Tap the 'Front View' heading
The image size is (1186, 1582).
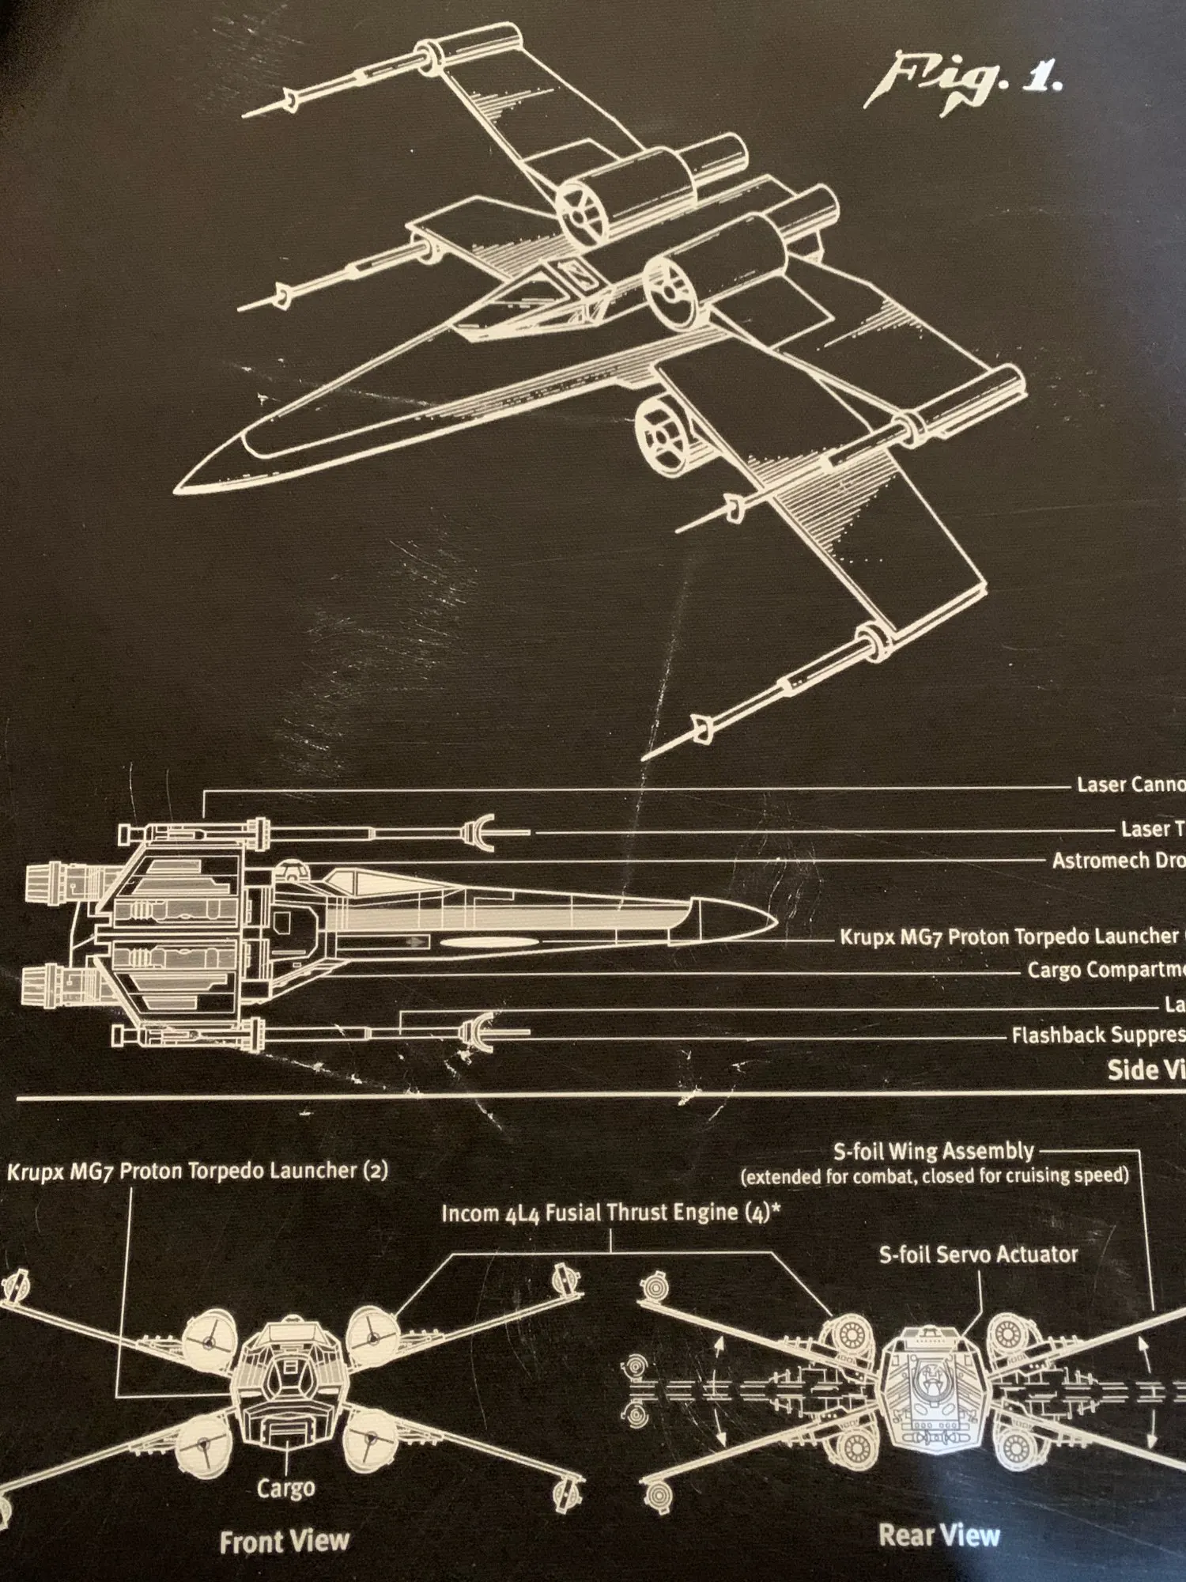(284, 1542)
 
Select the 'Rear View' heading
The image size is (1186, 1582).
(939, 1535)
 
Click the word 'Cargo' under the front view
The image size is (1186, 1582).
(285, 1488)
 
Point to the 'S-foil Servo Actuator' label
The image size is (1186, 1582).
(978, 1255)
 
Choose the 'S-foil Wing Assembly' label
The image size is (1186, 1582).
(933, 1151)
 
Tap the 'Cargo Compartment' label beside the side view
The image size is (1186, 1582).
(1105, 970)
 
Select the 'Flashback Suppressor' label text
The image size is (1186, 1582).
(1097, 1035)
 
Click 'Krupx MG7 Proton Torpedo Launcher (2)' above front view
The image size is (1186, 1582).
(198, 1171)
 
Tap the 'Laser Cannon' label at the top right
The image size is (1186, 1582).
(1131, 785)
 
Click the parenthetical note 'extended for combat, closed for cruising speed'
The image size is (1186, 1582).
(935, 1176)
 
